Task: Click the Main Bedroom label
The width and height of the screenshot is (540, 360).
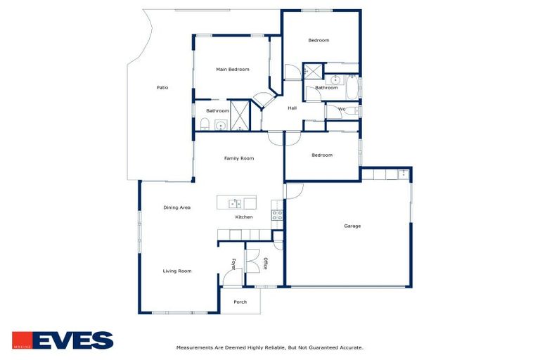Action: [232, 70]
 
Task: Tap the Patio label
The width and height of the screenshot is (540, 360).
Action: [162, 88]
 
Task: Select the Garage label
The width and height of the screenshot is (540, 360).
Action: [352, 226]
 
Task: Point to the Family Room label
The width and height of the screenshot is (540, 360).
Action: [239, 159]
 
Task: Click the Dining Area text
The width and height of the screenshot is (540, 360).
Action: [177, 208]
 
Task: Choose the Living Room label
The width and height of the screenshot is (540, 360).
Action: [177, 271]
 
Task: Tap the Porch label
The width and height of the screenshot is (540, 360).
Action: [240, 302]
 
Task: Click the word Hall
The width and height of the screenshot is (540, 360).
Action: [292, 108]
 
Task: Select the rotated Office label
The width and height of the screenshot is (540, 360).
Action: [266, 264]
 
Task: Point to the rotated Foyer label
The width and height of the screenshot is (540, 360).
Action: [233, 264]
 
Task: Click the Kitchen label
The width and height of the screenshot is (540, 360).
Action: [244, 217]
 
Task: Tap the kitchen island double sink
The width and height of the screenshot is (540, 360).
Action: [236, 204]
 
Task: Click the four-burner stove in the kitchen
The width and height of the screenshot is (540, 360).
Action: [277, 216]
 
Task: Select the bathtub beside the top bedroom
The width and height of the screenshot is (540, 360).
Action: [352, 88]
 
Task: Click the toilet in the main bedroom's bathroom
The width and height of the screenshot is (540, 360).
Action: [205, 125]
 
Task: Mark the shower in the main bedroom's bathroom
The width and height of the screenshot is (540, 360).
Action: [240, 115]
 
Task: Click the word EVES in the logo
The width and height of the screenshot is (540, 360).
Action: [73, 340]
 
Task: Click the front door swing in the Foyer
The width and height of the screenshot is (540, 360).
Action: [232, 278]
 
